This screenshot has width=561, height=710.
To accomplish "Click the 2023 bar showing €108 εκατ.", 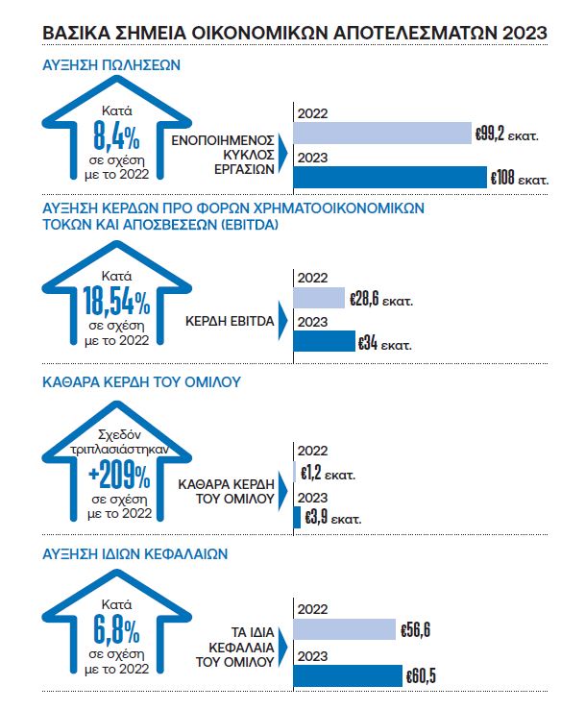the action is tap(390, 177).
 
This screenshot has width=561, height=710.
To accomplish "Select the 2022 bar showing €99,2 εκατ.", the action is tap(382, 134).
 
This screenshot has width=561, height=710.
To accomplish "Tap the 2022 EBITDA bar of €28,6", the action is tap(319, 298).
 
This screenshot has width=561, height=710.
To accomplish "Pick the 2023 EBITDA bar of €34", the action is tap(324, 341).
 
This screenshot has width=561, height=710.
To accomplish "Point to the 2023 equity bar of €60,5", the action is tap(348, 675).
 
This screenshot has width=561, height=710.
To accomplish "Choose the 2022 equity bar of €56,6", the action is tap(345, 629).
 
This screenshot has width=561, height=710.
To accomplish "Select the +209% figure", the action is tap(119, 475).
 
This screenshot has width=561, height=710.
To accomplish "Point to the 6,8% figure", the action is tap(116, 630).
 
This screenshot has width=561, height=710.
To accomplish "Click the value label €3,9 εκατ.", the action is tap(333, 518).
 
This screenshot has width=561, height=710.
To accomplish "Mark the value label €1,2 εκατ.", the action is tap(328, 474).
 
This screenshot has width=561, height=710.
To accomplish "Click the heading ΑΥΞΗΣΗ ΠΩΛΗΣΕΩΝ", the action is tap(111, 65).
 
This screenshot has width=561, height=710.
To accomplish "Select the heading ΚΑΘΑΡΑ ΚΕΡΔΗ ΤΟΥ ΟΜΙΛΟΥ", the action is tap(141, 382).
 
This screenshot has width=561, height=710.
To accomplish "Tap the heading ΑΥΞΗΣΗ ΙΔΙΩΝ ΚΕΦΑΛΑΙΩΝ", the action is tap(134, 553).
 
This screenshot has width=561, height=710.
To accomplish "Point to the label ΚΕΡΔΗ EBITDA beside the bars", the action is tap(230, 321).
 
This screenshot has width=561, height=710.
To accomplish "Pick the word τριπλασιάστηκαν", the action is tap(119, 450).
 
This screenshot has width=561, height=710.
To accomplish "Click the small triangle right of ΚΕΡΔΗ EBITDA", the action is tap(283, 321).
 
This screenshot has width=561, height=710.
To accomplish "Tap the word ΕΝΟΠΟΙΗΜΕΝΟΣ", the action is tap(223, 140).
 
